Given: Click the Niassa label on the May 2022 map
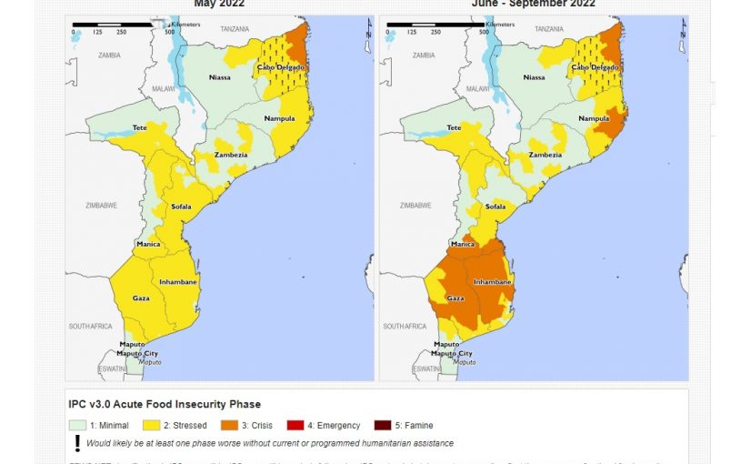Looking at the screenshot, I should pyautogui.click(x=220, y=78).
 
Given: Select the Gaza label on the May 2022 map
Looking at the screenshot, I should pyautogui.click(x=140, y=298).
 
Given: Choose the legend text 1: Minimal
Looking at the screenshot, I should pyautogui.click(x=109, y=425).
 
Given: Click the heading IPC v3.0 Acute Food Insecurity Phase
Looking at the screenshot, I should pyautogui.click(x=165, y=404).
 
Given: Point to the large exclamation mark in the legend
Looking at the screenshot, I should pyautogui.click(x=77, y=443).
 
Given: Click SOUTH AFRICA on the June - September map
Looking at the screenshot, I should pyautogui.click(x=405, y=326).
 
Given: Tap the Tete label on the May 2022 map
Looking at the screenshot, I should pyautogui.click(x=139, y=128).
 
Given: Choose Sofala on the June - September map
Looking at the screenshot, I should pyautogui.click(x=495, y=207).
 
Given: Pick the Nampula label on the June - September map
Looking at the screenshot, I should pyautogui.click(x=594, y=119).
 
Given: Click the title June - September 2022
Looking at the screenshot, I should pyautogui.click(x=533, y=4).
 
